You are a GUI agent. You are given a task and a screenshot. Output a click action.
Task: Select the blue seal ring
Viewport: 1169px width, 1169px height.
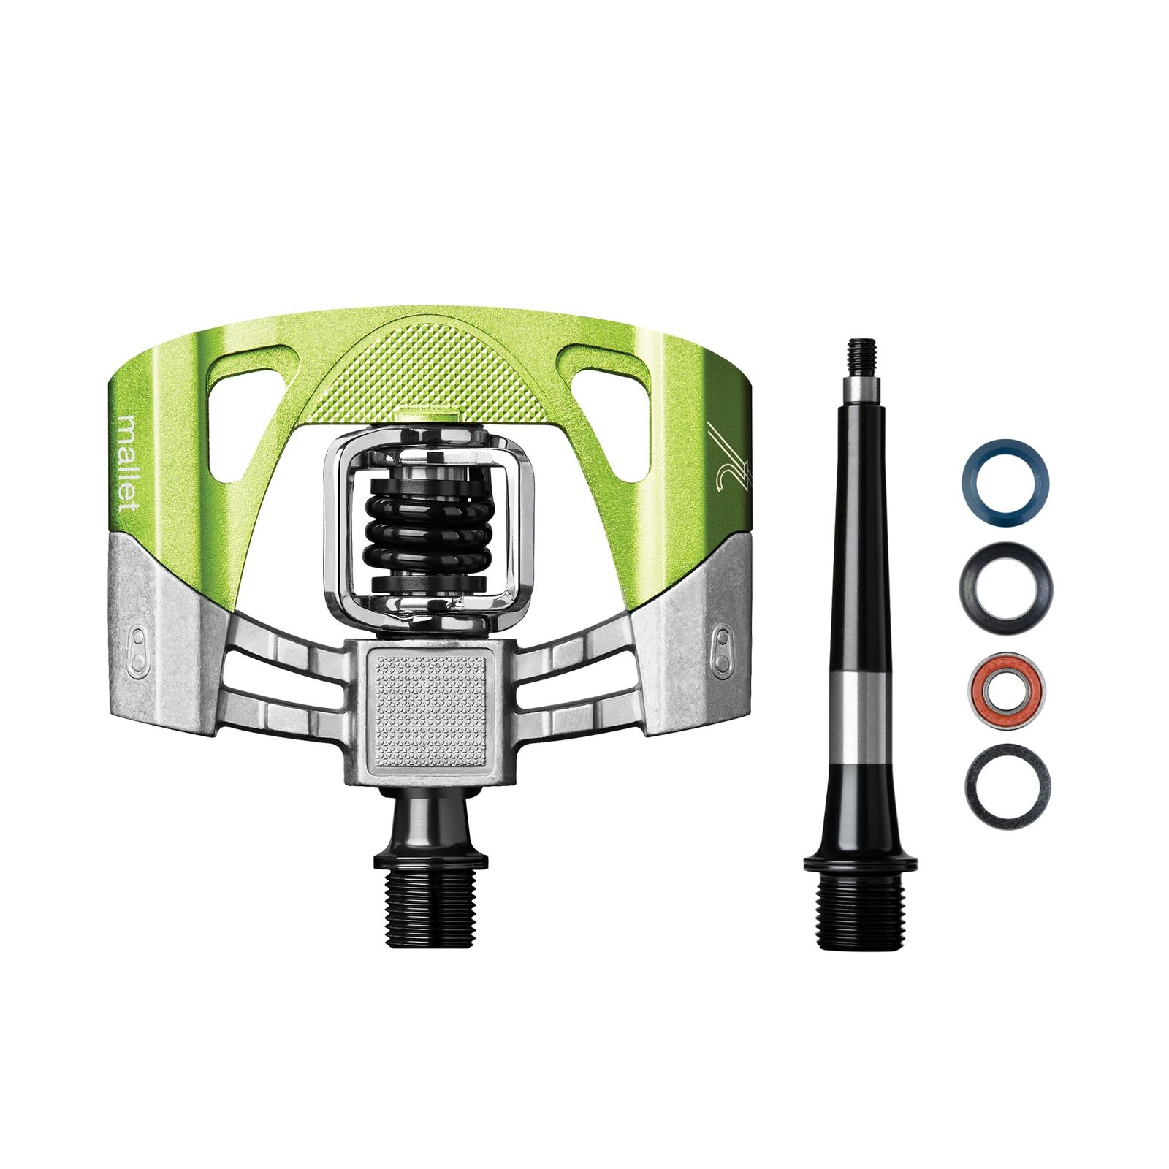1005,484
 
